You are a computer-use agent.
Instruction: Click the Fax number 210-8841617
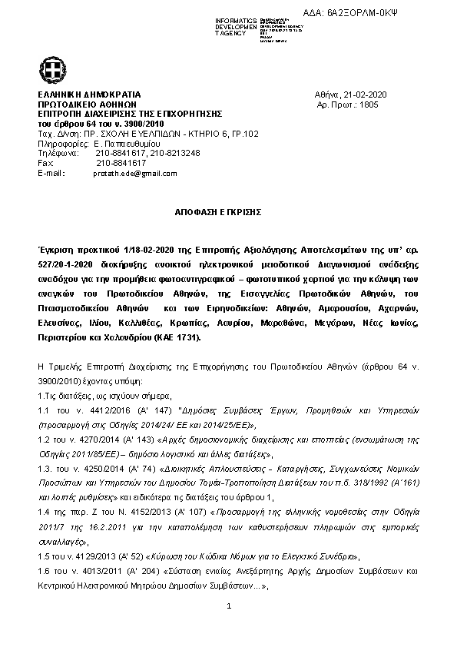(121, 163)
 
